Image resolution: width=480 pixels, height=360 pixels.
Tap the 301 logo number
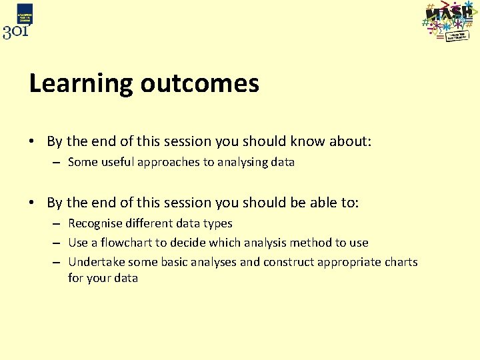16,31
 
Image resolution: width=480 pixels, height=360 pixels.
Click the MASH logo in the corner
449,21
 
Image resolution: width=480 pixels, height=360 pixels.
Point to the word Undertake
96,262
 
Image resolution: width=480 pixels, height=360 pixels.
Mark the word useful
117,162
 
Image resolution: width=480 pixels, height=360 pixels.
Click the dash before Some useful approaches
57,162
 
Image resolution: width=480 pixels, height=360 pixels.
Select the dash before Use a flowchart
57,243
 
